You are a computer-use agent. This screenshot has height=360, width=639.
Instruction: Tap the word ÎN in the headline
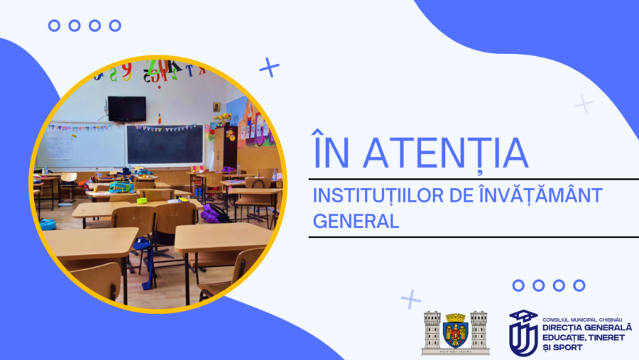pos(331,148)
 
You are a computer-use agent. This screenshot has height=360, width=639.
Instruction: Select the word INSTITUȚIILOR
pos(378,197)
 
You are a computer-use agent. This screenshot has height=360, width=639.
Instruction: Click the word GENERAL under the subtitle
pos(356,222)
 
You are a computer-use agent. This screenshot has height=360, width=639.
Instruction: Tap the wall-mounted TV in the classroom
pos(127,109)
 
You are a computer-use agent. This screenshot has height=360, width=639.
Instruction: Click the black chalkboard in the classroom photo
pos(165,145)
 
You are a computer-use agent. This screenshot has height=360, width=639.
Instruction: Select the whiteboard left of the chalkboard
pos(82,146)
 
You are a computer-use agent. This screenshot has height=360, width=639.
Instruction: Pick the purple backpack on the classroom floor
pos(213,213)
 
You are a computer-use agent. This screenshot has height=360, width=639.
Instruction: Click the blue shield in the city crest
pos(455,333)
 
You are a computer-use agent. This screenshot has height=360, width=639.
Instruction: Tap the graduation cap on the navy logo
pos(524,316)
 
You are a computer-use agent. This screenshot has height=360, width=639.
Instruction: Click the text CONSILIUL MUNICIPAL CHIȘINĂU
pos(582,320)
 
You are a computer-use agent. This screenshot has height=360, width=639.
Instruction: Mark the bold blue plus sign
pos(269,67)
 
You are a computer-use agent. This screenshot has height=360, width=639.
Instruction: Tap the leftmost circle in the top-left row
pos(54,26)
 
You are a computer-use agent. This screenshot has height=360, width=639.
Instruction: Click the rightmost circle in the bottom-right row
pos(579,285)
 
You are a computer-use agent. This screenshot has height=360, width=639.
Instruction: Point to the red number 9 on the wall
pos(127,71)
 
